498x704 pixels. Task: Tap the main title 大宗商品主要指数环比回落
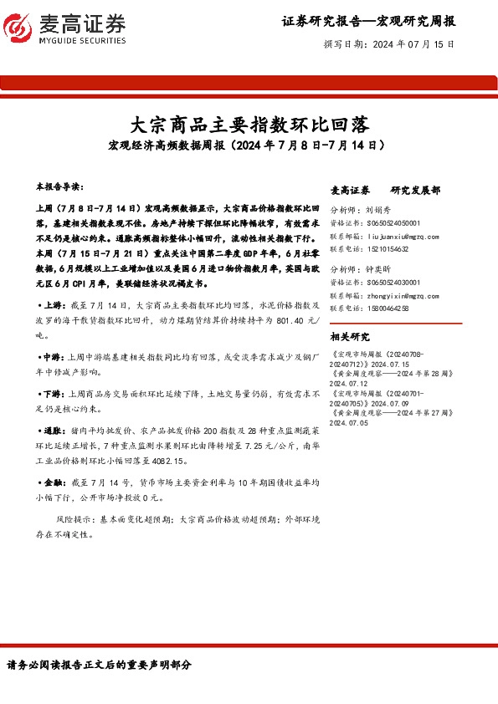tap(249, 126)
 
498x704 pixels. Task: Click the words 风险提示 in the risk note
tap(71, 519)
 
